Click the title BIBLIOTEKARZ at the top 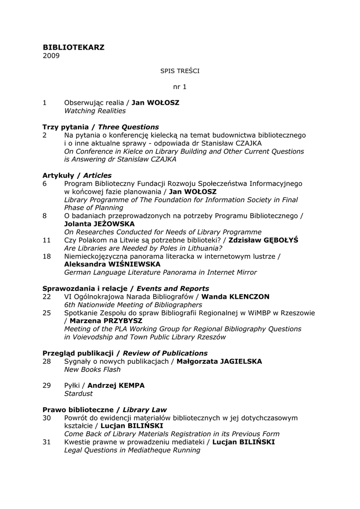point(74,47)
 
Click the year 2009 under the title point(51,56)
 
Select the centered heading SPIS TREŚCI point(180,71)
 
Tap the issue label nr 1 point(180,86)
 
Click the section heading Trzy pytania point(65,127)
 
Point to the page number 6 point(45,183)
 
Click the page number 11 point(47,240)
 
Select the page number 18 point(47,256)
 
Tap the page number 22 point(47,296)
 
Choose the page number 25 point(47,313)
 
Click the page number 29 point(47,385)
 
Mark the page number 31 point(47,442)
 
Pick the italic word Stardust point(78,393)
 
